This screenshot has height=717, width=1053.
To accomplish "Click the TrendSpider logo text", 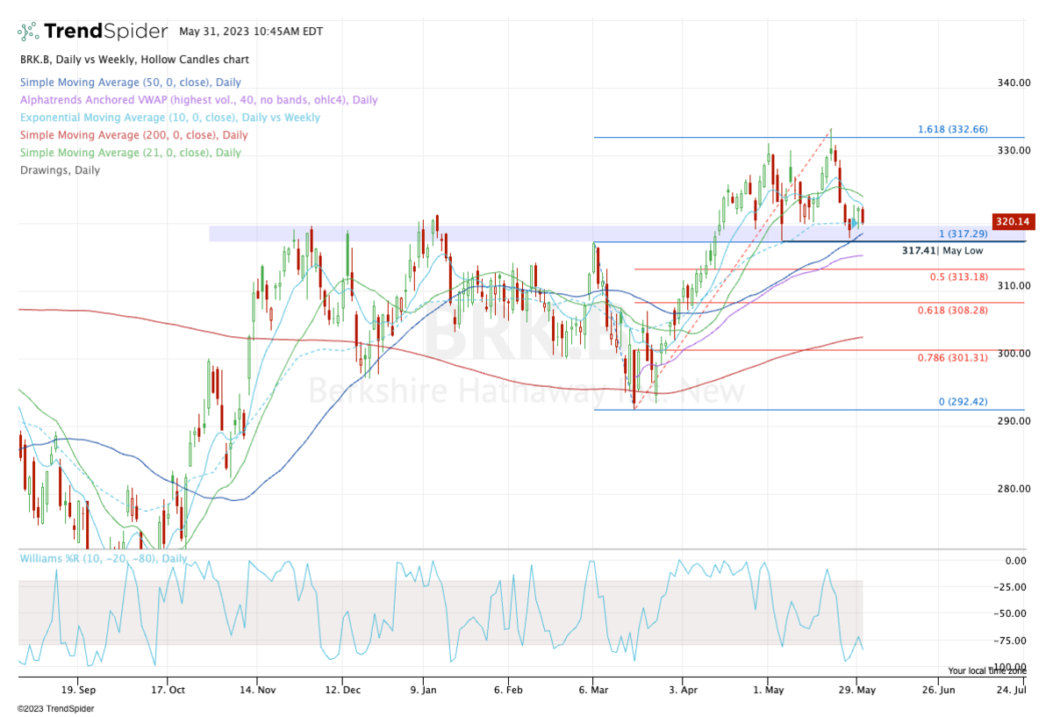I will pyautogui.click(x=105, y=32).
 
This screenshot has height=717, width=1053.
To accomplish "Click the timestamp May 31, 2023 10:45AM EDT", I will pyautogui.click(x=251, y=32).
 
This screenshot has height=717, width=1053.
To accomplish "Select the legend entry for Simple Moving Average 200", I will pyautogui.click(x=133, y=135).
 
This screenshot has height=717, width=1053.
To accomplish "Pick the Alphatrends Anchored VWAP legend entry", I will pyautogui.click(x=198, y=100).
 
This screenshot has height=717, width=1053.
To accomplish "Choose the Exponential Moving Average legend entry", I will pyautogui.click(x=169, y=118).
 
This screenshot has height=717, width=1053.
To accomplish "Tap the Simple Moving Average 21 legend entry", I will pyautogui.click(x=130, y=153).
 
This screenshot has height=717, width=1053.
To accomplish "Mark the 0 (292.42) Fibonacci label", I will pyautogui.click(x=963, y=402).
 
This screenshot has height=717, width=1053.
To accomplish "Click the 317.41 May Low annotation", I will pyautogui.click(x=942, y=251).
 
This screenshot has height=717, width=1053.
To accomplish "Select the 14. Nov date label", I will pyautogui.click(x=257, y=690).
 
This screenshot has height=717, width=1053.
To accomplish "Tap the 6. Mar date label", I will pyautogui.click(x=593, y=690).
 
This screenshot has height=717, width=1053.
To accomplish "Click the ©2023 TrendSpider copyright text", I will pyautogui.click(x=55, y=708).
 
